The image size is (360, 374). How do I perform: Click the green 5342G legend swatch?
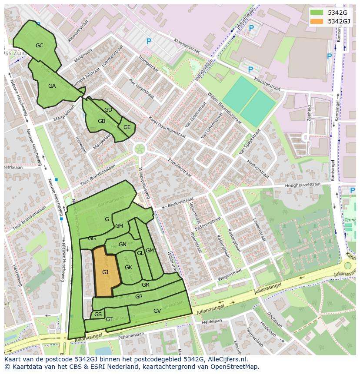point(317,12)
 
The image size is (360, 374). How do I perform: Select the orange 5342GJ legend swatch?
point(317,21)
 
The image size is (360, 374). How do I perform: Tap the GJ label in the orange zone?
point(105,272)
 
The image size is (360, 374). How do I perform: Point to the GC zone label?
point(39,45)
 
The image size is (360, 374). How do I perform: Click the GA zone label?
point(52,86)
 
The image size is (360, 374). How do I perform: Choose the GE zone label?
point(127,127)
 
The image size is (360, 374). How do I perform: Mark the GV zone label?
point(157,311)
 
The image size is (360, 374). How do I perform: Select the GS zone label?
point(98,314)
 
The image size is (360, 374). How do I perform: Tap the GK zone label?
point(128,268)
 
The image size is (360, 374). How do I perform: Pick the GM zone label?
point(150,251)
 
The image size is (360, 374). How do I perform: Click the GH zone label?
point(119,226)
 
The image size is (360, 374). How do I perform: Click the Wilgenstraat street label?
point(229,274)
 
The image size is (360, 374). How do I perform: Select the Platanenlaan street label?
point(131,335)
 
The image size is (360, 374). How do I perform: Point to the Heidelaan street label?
point(212,321)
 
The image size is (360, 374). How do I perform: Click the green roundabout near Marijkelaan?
point(140,149)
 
